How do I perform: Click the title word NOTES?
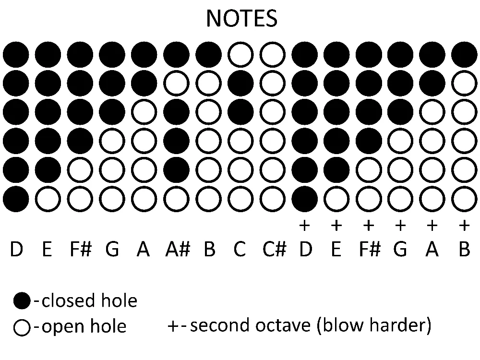242,18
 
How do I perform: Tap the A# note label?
178,249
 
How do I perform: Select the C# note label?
274,249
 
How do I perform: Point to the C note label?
240,249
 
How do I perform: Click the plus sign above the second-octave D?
304,226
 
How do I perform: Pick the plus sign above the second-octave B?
464,226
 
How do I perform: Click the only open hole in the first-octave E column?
48,199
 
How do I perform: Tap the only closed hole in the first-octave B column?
208,55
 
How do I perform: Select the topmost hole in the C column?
240,55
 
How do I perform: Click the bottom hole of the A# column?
176,199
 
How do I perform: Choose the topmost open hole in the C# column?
273,55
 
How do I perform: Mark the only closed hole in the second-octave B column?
464,55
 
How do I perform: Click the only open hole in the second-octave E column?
336,199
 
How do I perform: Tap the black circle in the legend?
22,300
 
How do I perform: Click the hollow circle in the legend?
22,327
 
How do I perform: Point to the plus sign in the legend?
173,326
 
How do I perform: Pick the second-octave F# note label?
370,249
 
